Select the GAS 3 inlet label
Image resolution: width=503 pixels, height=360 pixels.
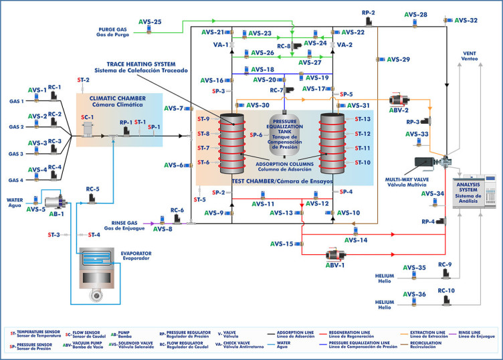click(16, 154)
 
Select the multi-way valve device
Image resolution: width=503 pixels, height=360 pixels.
click(433, 163)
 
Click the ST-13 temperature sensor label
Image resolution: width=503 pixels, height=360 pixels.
click(363, 119)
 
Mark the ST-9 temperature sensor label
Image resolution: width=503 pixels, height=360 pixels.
click(203, 119)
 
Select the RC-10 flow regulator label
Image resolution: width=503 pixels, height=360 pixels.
click(445, 290)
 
